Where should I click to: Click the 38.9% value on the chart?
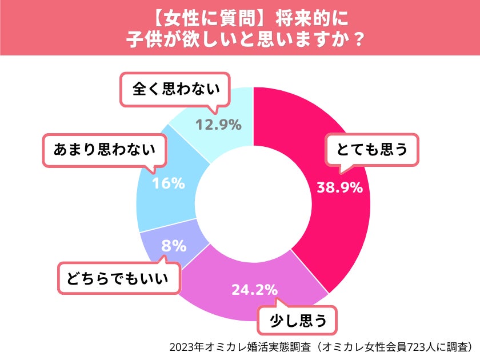339,187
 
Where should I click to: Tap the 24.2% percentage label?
255,290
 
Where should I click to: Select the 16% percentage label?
169,183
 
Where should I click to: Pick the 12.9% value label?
219,124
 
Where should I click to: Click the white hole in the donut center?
253,204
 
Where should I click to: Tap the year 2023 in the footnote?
181,346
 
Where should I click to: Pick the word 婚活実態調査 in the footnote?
270,346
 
